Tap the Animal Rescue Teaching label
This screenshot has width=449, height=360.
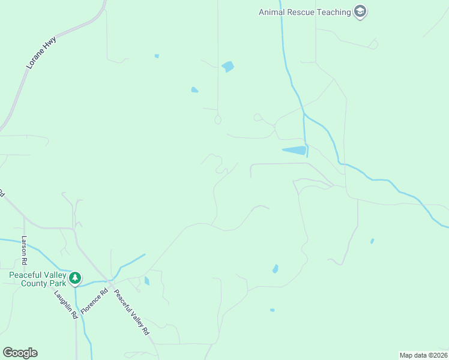point(304,12)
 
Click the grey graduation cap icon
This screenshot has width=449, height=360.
point(360,12)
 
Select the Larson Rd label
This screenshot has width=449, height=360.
point(25,251)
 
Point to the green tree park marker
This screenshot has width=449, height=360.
point(74,278)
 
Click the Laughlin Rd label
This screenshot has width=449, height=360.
point(66,304)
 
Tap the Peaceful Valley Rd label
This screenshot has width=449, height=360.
point(131,312)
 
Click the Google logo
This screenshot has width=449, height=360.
point(20,353)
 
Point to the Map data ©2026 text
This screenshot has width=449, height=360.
point(423,355)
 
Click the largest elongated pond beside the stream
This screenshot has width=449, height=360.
point(294,151)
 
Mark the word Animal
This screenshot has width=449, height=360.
point(273,12)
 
